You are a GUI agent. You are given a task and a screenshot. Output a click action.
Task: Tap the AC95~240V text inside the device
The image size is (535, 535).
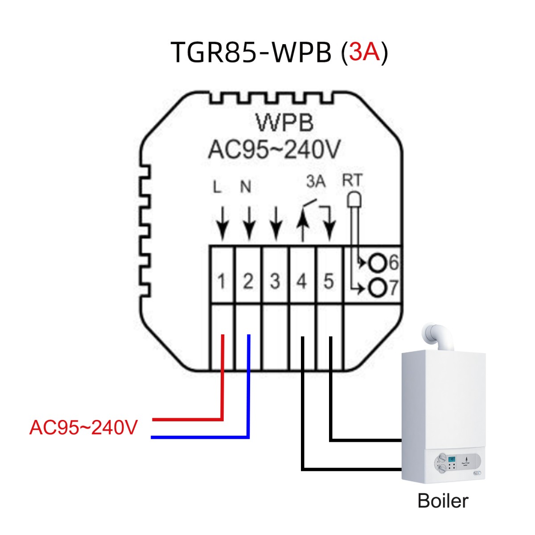(274, 150)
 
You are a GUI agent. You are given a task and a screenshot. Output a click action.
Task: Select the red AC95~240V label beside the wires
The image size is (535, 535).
(83, 428)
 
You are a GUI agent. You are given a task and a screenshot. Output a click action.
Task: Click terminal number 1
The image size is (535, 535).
(222, 281)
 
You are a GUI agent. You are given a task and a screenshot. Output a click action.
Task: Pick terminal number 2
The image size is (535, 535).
(248, 281)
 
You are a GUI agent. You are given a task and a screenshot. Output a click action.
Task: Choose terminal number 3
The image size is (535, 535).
(275, 281)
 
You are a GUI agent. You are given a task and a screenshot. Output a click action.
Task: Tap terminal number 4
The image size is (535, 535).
(302, 281)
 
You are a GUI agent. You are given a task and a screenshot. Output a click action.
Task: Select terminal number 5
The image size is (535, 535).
(329, 281)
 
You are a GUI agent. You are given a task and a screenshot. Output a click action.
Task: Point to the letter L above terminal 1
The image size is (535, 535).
(217, 187)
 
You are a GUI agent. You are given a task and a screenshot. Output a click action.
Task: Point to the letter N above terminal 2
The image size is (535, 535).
(246, 187)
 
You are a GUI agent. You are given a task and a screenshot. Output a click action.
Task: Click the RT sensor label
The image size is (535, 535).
(352, 181)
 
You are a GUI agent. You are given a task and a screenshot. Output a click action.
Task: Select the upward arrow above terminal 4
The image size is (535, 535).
(302, 225)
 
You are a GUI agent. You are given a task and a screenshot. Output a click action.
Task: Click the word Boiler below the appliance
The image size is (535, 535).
(443, 501)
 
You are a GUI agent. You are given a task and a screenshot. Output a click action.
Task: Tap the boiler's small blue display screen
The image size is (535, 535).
(452, 459)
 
